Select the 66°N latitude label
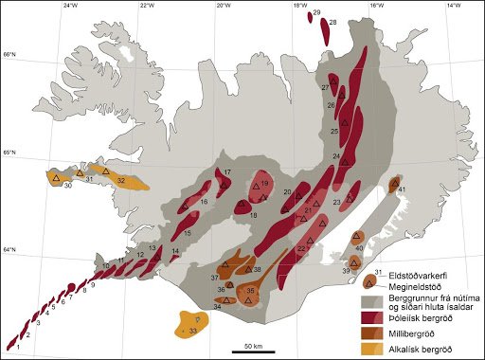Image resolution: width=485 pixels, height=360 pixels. pos(9,56)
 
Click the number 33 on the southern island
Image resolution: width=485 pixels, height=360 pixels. pos(192,332)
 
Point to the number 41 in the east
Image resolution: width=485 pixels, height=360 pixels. pos(403,189)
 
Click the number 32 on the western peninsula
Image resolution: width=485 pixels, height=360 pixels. pos(120,179)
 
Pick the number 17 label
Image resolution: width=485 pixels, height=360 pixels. pos(228,171)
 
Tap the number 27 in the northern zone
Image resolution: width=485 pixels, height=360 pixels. pos(325,87)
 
